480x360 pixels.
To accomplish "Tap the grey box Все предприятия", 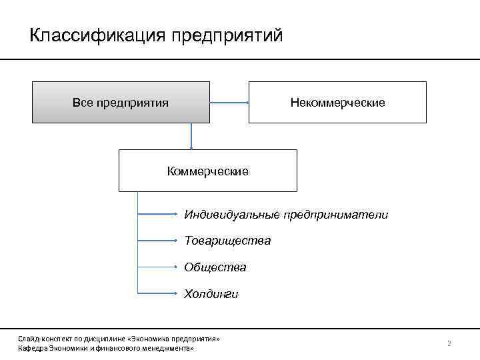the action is tap(121, 103).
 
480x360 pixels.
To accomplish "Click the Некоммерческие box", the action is tap(337, 103).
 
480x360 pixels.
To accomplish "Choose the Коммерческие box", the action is tap(208, 171).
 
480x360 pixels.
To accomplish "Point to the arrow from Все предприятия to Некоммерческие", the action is tap(229, 103).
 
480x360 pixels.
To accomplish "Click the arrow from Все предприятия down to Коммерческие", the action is tap(191, 136).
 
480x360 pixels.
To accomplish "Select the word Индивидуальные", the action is tap(232, 215).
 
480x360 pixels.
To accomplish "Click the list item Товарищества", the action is tap(228, 241).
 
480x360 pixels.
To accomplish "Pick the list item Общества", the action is tap(215, 267).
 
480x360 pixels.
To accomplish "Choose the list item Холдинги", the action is tap(211, 294).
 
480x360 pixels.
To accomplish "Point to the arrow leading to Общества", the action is tap(157, 267).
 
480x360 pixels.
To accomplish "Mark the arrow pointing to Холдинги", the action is tap(157, 293).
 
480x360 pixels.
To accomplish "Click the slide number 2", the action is tap(449, 343).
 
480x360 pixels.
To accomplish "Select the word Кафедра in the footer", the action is tap(30, 349).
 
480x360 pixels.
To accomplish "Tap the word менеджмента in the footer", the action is tap(170, 349).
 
